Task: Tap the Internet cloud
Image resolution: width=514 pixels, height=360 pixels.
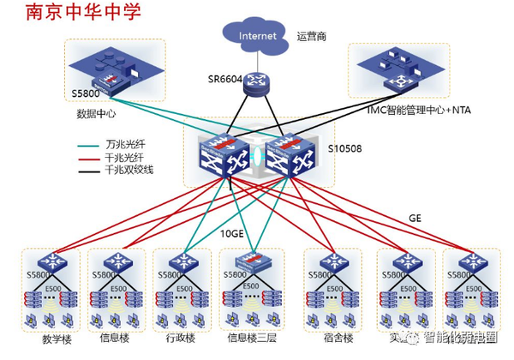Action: pos(258,35)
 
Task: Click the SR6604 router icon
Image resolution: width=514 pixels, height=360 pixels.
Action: pos(255,82)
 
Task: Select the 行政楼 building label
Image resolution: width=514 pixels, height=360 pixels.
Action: pos(176,338)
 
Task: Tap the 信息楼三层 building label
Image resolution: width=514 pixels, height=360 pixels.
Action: pos(248,338)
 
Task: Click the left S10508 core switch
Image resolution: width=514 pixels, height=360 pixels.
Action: pos(224,153)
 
